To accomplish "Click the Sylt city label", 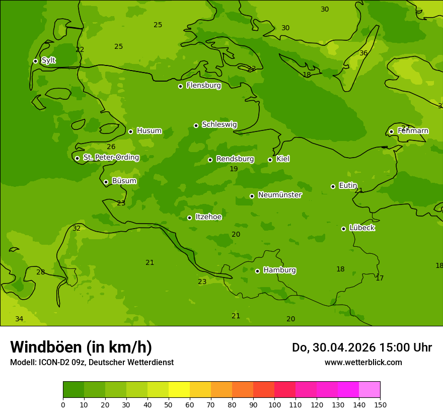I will [48, 60].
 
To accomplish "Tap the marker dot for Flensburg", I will [180, 86].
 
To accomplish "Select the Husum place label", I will [149, 131].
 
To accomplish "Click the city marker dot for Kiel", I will [270, 160].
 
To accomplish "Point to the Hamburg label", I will [279, 270].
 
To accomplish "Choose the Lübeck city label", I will [362, 228].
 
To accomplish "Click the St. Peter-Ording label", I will [111, 158].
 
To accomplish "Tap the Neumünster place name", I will [279, 195].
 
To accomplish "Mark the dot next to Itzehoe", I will [189, 218].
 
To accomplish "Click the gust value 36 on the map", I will [363, 53].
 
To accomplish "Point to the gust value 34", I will [19, 319].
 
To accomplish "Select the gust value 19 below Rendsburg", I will [234, 169].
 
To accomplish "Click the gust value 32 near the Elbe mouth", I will [77, 228].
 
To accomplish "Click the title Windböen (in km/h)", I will [81, 347].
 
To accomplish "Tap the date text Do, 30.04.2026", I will [335, 347].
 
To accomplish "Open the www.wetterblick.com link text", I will [363, 362].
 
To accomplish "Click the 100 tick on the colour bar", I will [274, 404].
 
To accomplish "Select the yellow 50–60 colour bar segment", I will [179, 390].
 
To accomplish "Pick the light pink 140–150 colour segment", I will [370, 390].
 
